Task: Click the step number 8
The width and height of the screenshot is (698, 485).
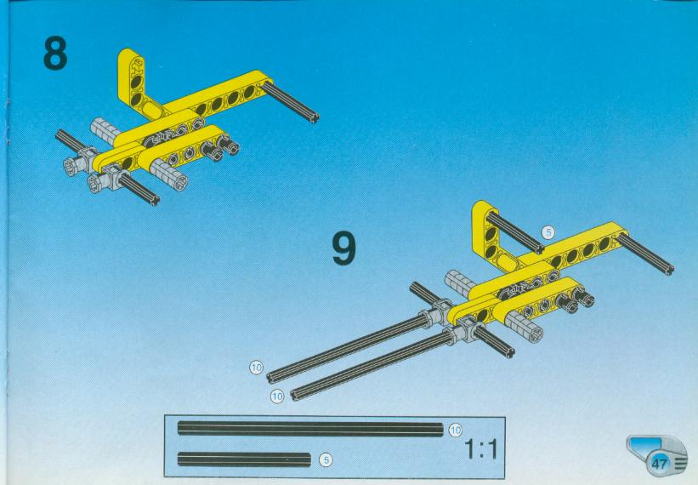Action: (55, 53)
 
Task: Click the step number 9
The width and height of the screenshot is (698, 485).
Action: (344, 249)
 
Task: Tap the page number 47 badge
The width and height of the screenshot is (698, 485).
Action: (658, 463)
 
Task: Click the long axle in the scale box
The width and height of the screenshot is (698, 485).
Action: (310, 429)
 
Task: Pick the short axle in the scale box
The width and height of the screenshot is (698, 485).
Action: (244, 459)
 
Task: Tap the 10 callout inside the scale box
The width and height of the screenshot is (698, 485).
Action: (455, 431)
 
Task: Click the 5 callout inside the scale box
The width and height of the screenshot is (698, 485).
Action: (326, 460)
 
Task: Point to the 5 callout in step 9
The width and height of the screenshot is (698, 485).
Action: (548, 232)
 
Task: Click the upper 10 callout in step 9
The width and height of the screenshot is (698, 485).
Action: (256, 368)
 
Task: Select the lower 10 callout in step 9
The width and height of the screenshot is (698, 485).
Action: (277, 397)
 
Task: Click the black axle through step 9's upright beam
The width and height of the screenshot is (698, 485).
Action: (515, 233)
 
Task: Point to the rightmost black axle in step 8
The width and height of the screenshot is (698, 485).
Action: (290, 101)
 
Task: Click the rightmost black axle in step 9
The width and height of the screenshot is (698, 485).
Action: (645, 254)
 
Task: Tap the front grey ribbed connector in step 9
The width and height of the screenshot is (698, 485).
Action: (525, 327)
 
